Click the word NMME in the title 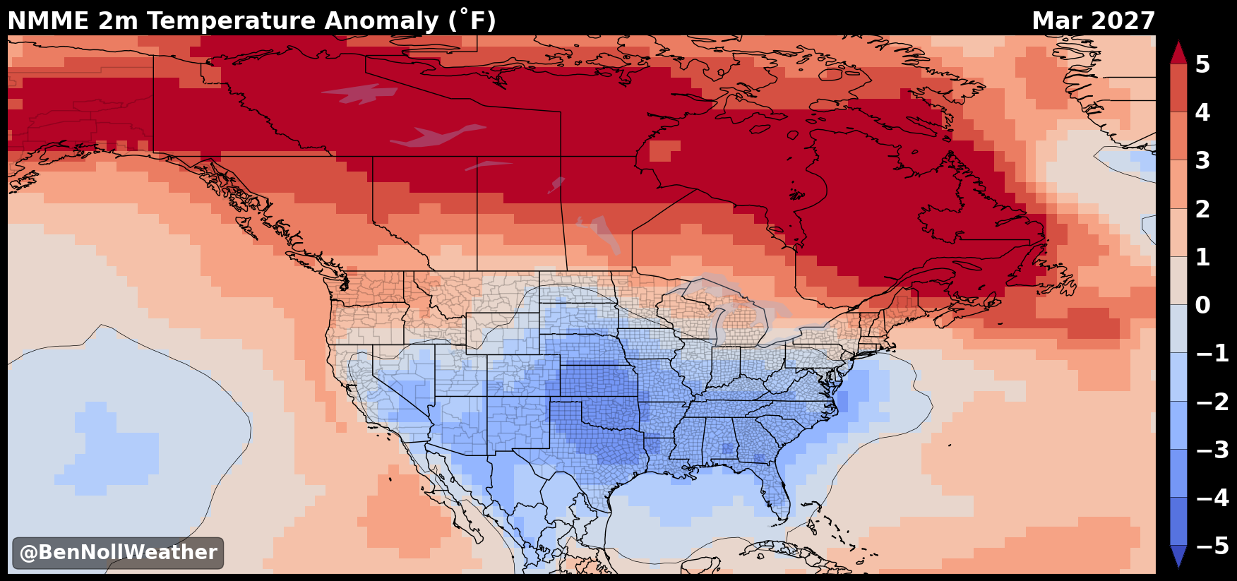48,21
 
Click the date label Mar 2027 1094,21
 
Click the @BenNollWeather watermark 118,553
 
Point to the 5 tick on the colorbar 1202,64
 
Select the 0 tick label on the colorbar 1202,305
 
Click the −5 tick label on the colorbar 1212,546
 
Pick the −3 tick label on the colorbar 1212,450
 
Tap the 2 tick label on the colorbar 1202,209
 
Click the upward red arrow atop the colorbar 1178,52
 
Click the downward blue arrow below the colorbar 1178,556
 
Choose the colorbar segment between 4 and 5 1178,88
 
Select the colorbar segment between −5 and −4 1178,522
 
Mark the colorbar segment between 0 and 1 1178,281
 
